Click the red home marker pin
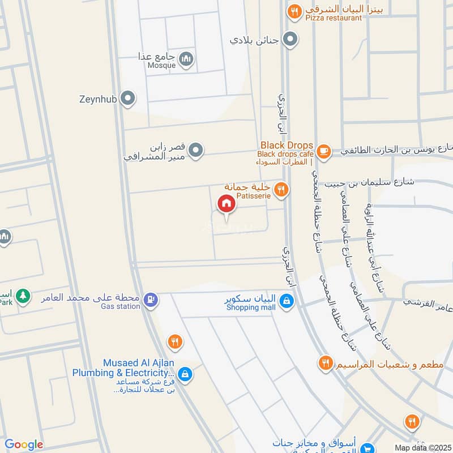point(226,203)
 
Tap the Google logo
point(23,445)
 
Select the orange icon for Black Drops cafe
point(323,151)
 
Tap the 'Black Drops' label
point(287,145)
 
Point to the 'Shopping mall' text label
point(251,307)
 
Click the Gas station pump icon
point(150,298)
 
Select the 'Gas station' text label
point(120,306)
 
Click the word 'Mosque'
point(162,65)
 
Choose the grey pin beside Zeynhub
point(129,99)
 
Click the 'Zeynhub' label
point(97,100)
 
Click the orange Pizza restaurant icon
point(293,11)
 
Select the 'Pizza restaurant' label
point(333,18)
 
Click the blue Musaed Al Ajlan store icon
point(185,374)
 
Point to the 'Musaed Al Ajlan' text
point(138,362)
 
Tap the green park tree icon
point(23,295)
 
